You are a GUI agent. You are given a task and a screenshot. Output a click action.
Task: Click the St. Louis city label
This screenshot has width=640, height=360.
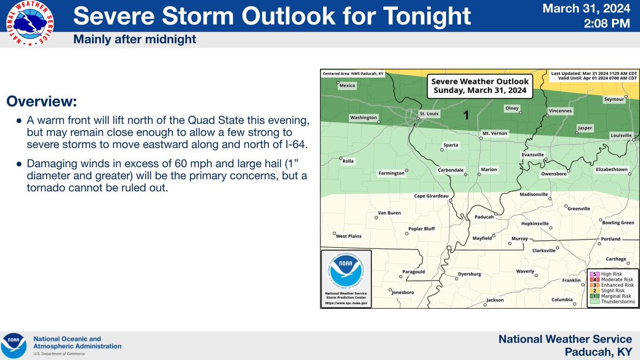430,113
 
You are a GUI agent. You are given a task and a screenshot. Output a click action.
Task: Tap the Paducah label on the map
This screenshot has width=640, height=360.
484,217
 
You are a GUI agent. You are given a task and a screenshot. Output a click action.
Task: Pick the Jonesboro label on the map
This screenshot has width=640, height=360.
403,292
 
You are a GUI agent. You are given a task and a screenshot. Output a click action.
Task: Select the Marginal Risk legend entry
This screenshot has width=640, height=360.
612,296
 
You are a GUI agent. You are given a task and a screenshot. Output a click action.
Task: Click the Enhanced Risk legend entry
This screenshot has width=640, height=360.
612,285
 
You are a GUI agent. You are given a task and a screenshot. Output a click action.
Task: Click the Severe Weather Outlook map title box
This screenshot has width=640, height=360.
479,86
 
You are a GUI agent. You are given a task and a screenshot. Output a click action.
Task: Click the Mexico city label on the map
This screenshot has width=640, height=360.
347,85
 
